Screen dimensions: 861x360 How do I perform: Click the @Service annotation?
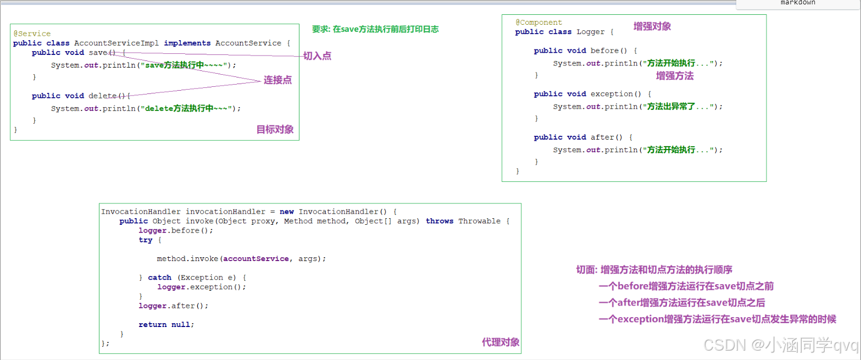pyautogui.click(x=32, y=34)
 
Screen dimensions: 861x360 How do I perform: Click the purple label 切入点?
pyautogui.click(x=317, y=56)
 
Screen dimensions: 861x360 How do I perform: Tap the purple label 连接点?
pyautogui.click(x=277, y=80)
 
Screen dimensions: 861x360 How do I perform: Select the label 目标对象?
pyautogui.click(x=275, y=130)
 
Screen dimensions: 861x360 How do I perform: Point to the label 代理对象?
pyautogui.click(x=501, y=342)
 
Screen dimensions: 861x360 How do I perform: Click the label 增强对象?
pyautogui.click(x=652, y=26)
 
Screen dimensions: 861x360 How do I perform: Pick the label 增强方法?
pyautogui.click(x=675, y=76)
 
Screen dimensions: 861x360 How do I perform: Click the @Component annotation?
pyautogui.click(x=538, y=23)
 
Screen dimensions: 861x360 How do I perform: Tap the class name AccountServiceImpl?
pyautogui.click(x=116, y=43)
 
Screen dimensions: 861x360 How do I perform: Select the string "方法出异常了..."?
pyautogui.click(x=675, y=107)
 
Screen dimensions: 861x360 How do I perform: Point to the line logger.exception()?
pyautogui.click(x=202, y=287)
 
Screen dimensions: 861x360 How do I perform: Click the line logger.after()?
pyautogui.click(x=174, y=306)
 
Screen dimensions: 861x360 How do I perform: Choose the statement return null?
pyautogui.click(x=166, y=324)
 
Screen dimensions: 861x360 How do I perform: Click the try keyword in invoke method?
pyautogui.click(x=146, y=240)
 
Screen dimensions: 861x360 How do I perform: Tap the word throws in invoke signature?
pyautogui.click(x=440, y=221)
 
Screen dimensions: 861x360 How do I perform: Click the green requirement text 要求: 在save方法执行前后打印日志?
pyautogui.click(x=375, y=30)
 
